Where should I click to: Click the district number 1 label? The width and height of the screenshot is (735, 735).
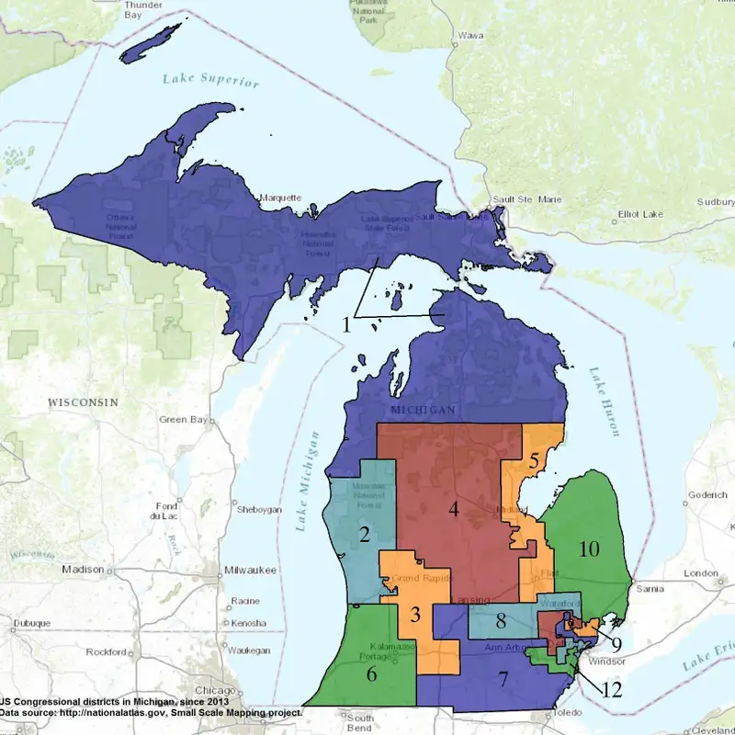(347, 324)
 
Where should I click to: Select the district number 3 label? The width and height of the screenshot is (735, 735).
(415, 614)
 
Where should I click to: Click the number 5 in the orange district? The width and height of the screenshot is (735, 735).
(533, 461)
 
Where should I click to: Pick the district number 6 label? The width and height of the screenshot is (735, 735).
(372, 673)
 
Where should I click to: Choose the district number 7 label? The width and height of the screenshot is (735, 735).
(503, 680)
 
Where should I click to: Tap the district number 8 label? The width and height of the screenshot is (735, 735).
(501, 621)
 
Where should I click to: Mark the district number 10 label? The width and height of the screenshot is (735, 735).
(589, 549)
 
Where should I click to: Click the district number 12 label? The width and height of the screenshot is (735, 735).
(612, 688)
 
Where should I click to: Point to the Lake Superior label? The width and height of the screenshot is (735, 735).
(211, 80)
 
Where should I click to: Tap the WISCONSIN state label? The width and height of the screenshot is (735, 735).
(83, 402)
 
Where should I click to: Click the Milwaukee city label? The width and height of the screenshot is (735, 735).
(251, 571)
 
